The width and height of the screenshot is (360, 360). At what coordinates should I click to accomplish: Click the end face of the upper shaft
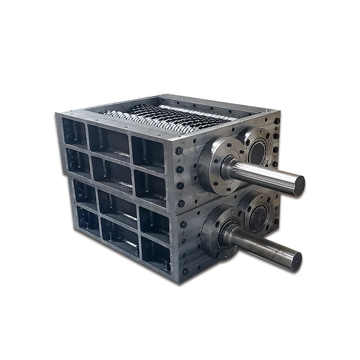[299, 185]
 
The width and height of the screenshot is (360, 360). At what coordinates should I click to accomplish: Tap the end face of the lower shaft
[296, 260]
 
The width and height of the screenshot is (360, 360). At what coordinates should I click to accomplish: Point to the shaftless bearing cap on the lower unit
[260, 214]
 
